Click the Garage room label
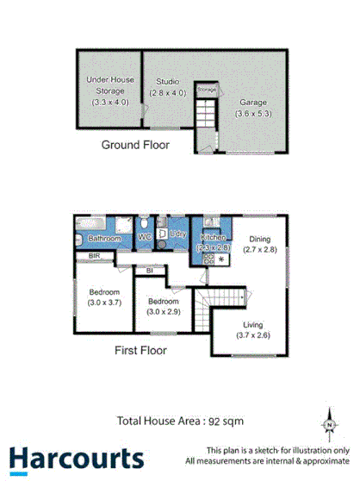[254, 102]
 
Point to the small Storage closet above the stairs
[207, 89]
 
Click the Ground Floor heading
[135, 145]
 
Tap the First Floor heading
[140, 351]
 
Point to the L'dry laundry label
[179, 235]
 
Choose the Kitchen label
[213, 237]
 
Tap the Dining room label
[259, 240]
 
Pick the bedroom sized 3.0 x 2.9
[162, 307]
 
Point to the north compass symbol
[329, 424]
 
